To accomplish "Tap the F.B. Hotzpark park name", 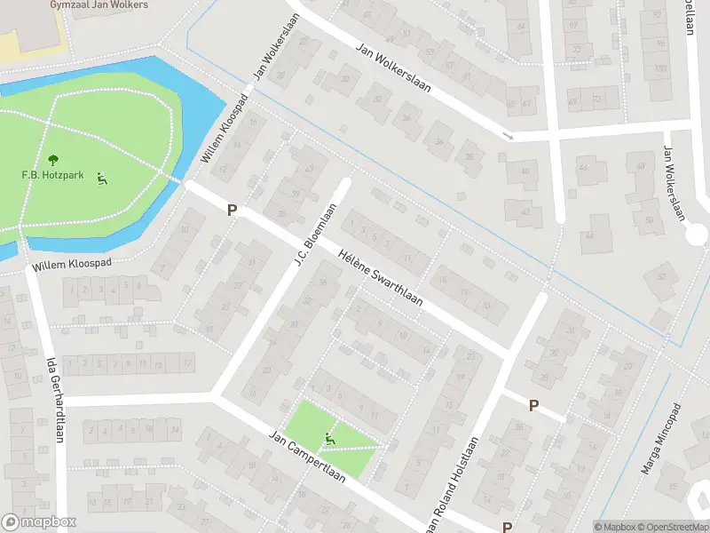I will point(52,175).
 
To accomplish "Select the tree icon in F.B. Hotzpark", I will point(52,160).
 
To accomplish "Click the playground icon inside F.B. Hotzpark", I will point(102,178).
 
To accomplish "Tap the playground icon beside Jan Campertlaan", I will point(330,438).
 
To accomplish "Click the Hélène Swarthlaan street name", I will point(380,279).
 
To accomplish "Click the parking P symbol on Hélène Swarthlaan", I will point(233,211).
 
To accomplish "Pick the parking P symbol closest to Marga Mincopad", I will point(533,405).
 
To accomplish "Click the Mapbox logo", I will point(39,522).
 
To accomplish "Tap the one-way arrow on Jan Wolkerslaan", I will point(507,136).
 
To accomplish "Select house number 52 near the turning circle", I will point(661,276).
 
